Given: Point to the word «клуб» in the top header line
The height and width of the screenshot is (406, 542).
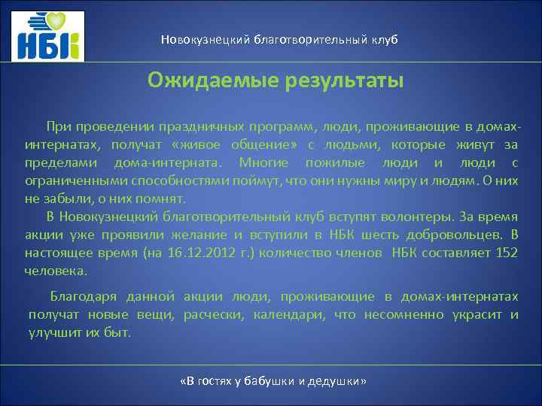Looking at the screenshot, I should click(382, 38).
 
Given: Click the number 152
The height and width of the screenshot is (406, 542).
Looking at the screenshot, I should click(507, 253).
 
